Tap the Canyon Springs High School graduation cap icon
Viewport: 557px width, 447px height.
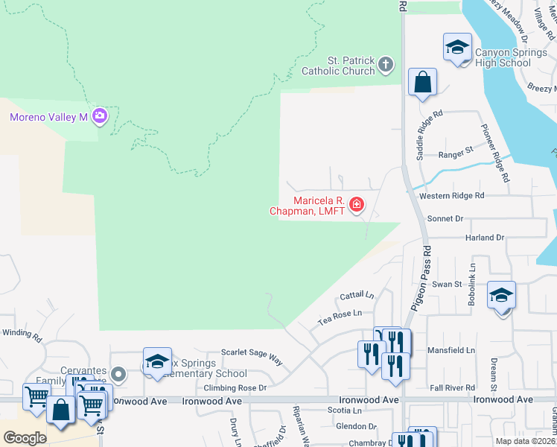(x=457, y=48)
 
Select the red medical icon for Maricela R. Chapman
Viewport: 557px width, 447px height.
(x=357, y=204)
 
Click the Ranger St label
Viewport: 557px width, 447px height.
(x=456, y=150)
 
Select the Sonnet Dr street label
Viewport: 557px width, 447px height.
(x=445, y=219)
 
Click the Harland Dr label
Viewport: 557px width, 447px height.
(x=486, y=238)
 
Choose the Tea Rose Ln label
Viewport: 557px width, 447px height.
(x=340, y=317)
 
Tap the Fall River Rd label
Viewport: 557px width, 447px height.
(x=452, y=388)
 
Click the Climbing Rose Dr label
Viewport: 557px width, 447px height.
(x=235, y=388)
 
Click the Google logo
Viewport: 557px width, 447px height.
(x=25, y=437)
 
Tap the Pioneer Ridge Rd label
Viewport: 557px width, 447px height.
(x=496, y=153)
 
